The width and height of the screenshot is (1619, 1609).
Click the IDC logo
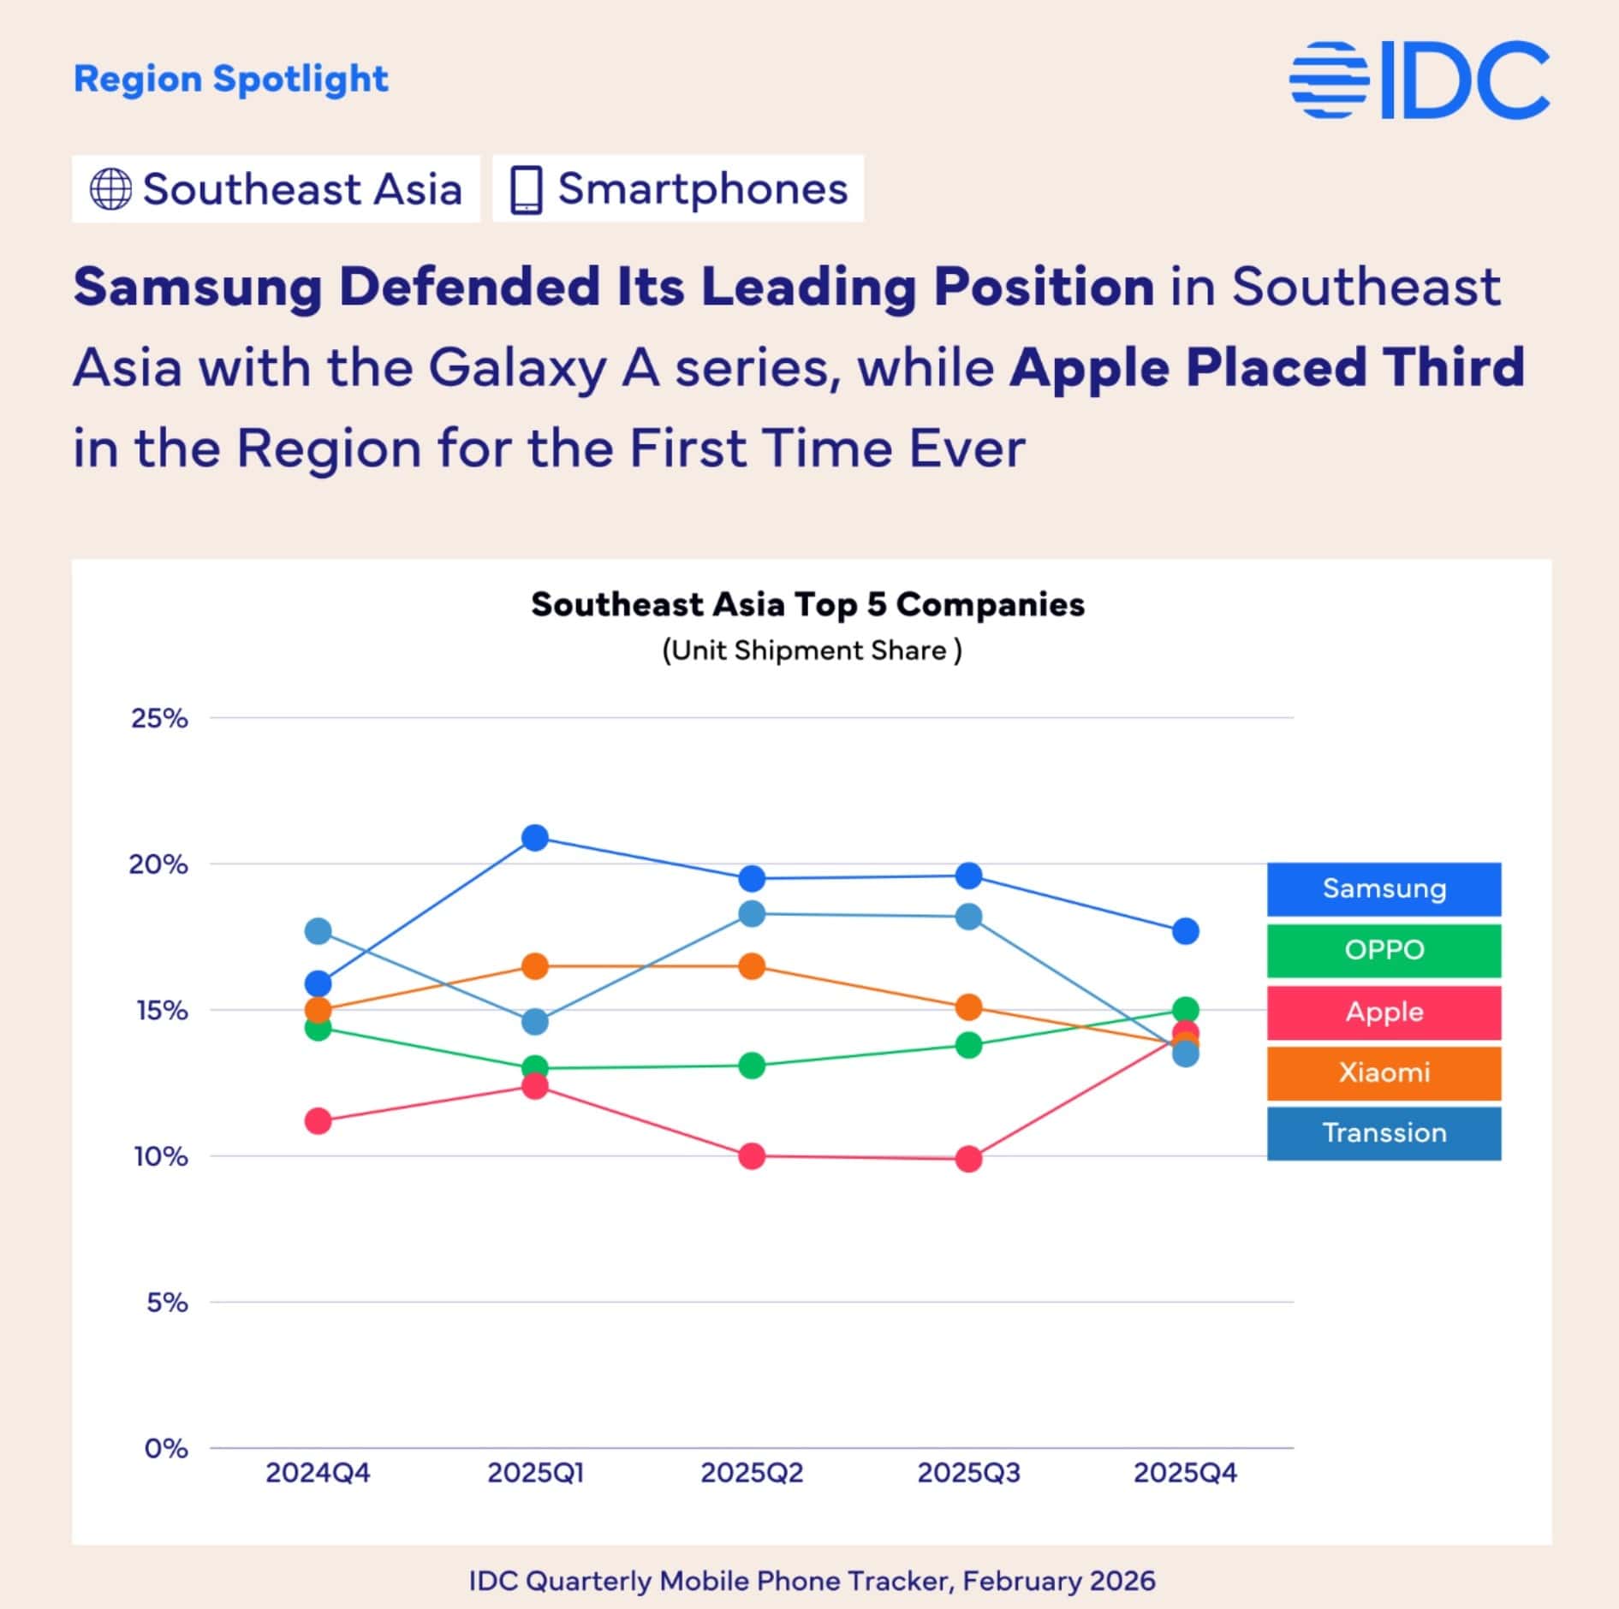pos(1420,80)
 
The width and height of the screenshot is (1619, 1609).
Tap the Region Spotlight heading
pos(231,79)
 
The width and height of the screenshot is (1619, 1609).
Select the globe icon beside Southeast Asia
pos(111,189)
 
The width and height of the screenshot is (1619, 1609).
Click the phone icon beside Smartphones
pos(526,189)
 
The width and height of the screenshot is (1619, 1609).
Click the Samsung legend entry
pos(1384,888)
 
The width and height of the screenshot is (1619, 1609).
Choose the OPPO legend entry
pos(1384,950)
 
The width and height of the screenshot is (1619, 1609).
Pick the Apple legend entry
pos(1384,1012)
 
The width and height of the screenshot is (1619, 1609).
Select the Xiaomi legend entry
pos(1384,1072)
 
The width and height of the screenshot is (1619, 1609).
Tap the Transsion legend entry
pos(1384,1133)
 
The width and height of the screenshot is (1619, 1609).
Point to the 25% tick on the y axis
pos(159,718)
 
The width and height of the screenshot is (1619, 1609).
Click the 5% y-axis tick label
pos(167,1303)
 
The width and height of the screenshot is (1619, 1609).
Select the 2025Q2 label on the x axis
pos(752,1473)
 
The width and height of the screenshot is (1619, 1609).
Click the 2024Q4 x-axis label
pos(318,1473)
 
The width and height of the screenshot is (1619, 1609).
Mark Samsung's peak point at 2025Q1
pos(535,838)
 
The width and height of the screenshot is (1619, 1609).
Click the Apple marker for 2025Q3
pos(968,1160)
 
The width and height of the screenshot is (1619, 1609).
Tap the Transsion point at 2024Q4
pos(318,931)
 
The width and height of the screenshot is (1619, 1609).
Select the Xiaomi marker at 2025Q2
pos(752,966)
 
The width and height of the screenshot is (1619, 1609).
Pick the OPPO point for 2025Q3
pos(968,1045)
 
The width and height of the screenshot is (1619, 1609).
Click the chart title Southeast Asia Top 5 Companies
pos(807,604)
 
